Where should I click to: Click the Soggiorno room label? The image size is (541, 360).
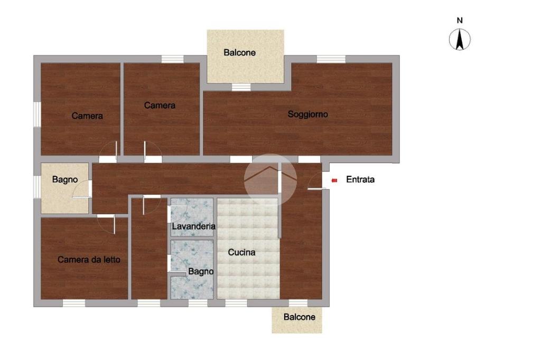coord(308,114)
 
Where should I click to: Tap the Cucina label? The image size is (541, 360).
coord(241,252)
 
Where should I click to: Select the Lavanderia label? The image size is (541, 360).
coord(193,226)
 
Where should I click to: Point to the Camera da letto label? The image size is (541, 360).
coord(89,259)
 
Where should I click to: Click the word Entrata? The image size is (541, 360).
coord(360,179)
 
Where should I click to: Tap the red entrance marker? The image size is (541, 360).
coord(334,180)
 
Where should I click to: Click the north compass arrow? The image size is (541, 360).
coord(460,39)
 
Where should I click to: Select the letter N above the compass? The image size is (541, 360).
coord(460,21)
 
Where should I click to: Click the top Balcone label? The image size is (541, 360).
coord(239,52)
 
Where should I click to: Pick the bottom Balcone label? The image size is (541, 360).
coord(299,317)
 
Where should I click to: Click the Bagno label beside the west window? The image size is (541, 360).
coord(65,179)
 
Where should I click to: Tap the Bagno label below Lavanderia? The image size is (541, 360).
coord(201,271)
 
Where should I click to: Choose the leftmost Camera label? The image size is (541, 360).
coord(87,116)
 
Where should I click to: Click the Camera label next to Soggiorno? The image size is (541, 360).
coord(160,105)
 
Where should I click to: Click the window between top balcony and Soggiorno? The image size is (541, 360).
coord(241,87)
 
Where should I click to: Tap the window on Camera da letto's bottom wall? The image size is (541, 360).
coord(74,303)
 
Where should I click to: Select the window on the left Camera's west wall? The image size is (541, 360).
coord(38,114)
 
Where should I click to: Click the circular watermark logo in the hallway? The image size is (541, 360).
coord(270,180)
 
